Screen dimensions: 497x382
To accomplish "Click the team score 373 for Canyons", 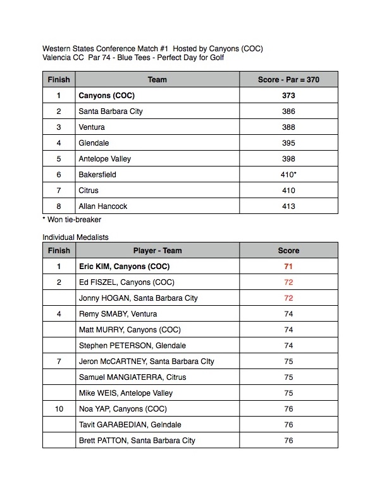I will [288, 96].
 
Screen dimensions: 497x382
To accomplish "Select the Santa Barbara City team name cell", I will [111, 111].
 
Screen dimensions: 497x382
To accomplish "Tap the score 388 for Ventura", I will [288, 127].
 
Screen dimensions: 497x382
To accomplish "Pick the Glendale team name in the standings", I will [94, 143].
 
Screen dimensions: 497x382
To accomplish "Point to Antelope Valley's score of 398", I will [288, 159].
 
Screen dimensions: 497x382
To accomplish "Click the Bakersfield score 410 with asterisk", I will [289, 175].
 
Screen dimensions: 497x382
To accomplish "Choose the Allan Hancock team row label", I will [104, 206].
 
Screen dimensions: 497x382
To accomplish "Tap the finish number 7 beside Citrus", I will [58, 191].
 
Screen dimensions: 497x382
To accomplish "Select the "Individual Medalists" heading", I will [75, 237].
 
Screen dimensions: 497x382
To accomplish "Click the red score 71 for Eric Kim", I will [288, 267].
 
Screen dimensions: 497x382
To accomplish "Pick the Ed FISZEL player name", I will [126, 282].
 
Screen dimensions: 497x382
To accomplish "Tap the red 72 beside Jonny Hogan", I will [288, 298].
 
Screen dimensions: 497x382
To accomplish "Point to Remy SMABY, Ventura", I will [118, 314].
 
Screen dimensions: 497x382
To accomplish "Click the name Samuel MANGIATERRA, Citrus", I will [132, 377].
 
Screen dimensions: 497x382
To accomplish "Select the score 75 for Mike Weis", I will [288, 393].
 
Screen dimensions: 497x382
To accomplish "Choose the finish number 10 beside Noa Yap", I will [58, 409].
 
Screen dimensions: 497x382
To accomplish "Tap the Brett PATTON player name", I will [137, 441].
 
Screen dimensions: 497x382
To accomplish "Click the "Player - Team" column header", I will [157, 251].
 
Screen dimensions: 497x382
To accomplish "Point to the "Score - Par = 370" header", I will [288, 80].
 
